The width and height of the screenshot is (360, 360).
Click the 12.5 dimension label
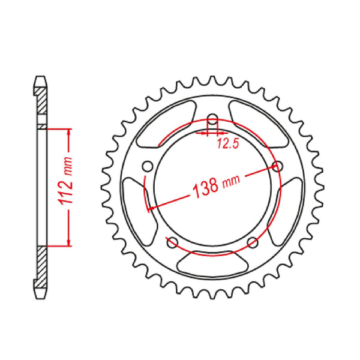[x=228, y=144]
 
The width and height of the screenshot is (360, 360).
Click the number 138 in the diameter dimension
[x=205, y=187]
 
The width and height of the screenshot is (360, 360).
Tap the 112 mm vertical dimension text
[x=66, y=181]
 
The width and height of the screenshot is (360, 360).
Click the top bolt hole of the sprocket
[x=213, y=120]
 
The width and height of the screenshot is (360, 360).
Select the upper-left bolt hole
[x=148, y=166]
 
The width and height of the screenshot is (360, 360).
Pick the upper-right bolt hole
[x=278, y=166]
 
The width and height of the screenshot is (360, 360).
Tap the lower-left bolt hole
[x=172, y=242]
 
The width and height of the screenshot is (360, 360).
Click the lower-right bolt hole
[x=253, y=242]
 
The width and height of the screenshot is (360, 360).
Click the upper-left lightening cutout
[x=166, y=124]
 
